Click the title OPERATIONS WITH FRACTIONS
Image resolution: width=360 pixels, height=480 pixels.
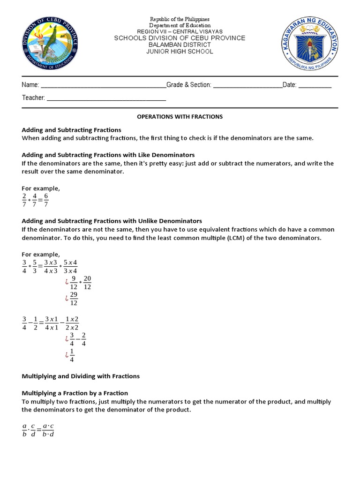pos(180,117)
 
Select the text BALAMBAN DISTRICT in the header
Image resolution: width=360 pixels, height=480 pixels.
pos(180,45)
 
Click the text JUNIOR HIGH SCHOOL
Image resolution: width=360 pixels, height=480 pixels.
pos(180,51)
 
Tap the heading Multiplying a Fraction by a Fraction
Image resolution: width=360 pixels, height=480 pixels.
pos(75,393)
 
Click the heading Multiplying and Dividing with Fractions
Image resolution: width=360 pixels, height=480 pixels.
pos(81,376)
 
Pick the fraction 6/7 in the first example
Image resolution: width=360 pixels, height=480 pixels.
pos(46,200)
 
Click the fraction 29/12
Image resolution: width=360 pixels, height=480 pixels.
pos(74,298)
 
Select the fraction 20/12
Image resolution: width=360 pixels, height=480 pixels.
pos(87,283)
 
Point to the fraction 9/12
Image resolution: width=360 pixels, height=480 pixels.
pos(74,283)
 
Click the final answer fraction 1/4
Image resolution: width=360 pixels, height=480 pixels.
pos(72,355)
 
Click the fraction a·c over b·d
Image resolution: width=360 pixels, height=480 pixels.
pos(49,430)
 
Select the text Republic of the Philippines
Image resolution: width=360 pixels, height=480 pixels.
pos(180,19)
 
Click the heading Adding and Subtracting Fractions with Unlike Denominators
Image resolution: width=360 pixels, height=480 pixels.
pos(112,221)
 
